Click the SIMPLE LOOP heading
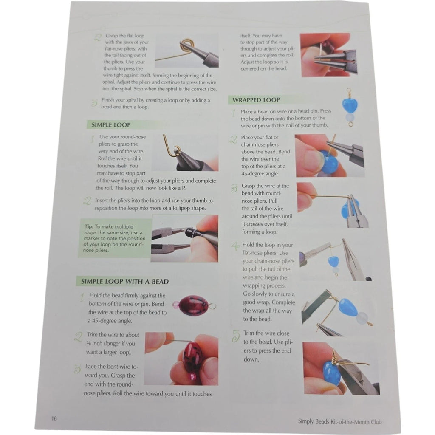pos(111,125)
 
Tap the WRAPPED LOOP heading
pos(256,100)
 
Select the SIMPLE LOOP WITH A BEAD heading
pos(125,281)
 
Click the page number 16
pos(54,418)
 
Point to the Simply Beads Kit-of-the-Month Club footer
pos(339,422)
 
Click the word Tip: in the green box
pos(89,226)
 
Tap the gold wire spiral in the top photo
pos(186,45)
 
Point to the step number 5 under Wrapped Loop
pos(236,336)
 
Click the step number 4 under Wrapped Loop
pos(235,246)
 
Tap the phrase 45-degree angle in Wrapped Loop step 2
pos(260,174)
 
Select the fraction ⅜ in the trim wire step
pos(88,343)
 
